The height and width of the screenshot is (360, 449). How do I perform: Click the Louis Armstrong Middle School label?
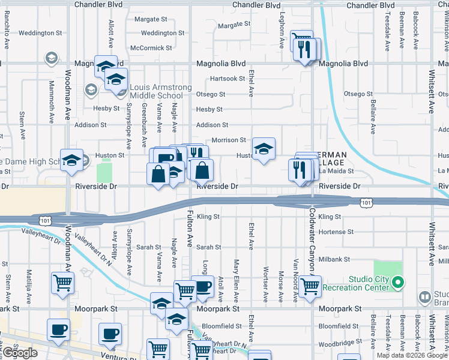[156, 92]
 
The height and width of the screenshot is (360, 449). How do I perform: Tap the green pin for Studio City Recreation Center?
[397, 282]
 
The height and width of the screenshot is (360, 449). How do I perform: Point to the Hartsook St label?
[228, 79]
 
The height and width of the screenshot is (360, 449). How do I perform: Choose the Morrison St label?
[229, 140]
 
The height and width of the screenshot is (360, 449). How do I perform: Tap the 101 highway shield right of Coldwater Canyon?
[366, 203]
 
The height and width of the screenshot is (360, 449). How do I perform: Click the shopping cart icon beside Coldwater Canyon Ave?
[310, 287]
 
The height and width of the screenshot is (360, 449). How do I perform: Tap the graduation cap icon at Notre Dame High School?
[71, 160]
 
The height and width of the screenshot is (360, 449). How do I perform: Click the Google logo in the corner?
[20, 353]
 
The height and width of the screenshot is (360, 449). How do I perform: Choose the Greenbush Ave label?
[144, 125]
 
